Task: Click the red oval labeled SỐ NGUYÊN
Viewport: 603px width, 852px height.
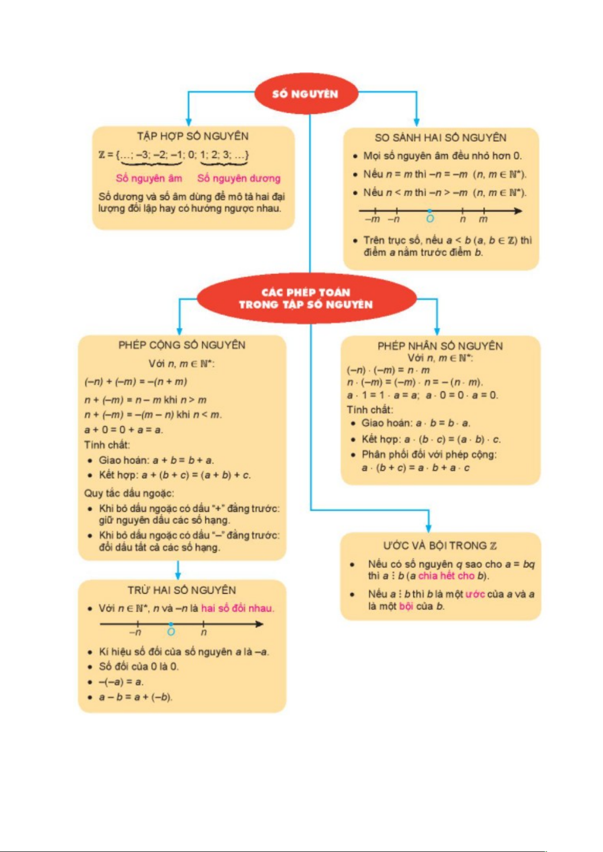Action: [305, 94]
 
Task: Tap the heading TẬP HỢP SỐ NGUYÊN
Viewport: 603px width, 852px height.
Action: [193, 136]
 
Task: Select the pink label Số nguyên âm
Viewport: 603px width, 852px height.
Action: [149, 178]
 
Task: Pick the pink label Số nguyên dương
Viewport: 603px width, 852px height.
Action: [239, 178]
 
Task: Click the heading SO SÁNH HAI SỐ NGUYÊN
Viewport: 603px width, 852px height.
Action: [440, 138]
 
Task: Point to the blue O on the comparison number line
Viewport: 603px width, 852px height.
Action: [430, 218]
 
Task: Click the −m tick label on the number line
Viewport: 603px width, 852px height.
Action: [372, 219]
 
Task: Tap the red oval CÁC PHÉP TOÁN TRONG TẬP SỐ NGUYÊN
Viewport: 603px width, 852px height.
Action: [306, 298]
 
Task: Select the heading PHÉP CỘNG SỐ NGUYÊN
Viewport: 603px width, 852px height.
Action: [182, 345]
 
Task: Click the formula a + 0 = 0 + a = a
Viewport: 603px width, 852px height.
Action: [123, 430]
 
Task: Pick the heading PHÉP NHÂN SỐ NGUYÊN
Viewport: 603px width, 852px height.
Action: [440, 346]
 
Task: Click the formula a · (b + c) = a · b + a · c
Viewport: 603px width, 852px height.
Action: [415, 468]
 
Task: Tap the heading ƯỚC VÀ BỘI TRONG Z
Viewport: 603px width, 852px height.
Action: [440, 546]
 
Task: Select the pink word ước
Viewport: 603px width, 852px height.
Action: [475, 594]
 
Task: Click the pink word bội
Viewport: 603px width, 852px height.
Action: [406, 606]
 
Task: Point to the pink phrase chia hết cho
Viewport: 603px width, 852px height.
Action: [446, 576]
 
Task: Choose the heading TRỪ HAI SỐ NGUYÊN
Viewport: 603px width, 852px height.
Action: [182, 590]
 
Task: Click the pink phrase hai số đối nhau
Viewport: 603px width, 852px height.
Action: [237, 608]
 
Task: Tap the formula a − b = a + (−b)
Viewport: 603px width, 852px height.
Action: [136, 697]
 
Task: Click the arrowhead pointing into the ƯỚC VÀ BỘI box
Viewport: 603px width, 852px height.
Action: [428, 528]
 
